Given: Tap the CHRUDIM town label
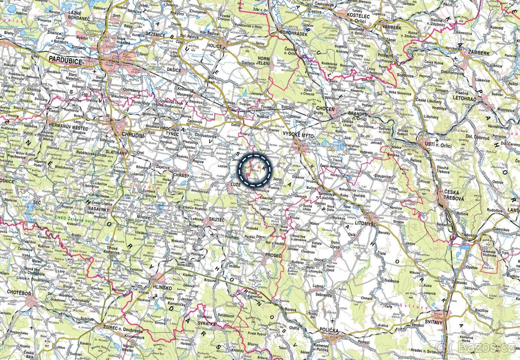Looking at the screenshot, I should [x=134, y=136].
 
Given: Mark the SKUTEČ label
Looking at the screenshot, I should [x=217, y=220].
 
